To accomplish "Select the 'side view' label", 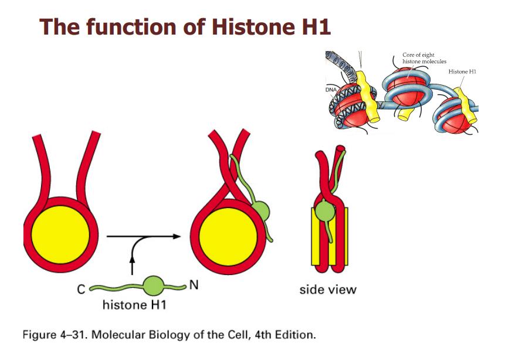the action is [327, 289].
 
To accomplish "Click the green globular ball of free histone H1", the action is [155, 286].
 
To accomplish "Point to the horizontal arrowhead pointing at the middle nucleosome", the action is [175, 236].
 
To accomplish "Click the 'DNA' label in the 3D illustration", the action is [333, 92].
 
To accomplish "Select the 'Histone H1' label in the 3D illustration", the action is [462, 72].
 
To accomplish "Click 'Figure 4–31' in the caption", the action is [49, 336].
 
